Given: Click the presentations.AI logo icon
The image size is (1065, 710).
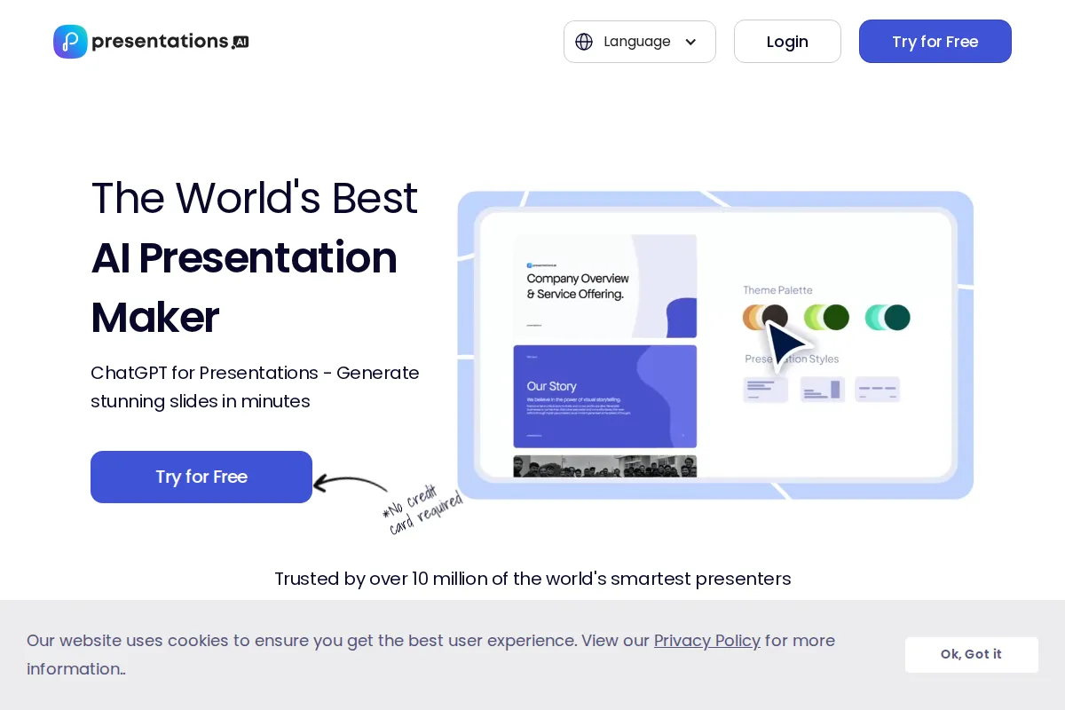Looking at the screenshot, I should click(70, 42).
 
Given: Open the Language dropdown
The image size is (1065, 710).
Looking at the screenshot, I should click(639, 42).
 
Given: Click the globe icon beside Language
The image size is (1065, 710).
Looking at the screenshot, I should click(584, 42).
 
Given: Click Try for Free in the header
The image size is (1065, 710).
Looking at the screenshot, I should click(935, 42).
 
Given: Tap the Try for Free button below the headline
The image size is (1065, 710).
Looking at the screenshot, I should click(201, 477).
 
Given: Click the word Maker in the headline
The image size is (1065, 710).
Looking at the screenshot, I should click(155, 318).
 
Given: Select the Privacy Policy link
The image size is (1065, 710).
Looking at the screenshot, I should click(706, 641).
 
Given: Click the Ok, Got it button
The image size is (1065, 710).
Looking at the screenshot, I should click(971, 654).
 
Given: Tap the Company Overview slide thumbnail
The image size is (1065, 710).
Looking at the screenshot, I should click(604, 286).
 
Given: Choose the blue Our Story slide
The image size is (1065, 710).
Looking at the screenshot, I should click(604, 397).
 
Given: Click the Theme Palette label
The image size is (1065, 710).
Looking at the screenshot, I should click(777, 290).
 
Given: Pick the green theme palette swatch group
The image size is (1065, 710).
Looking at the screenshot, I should click(826, 317).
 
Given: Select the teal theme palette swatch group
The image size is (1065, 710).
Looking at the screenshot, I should click(887, 317).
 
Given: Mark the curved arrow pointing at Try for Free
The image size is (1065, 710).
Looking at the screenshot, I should click(351, 484).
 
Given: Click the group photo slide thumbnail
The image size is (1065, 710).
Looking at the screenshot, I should click(604, 466).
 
